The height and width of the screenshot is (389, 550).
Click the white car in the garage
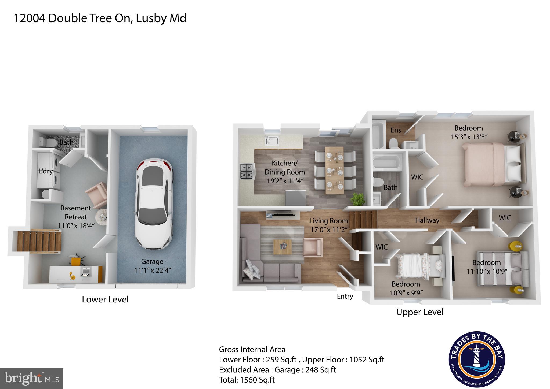[x=154, y=204]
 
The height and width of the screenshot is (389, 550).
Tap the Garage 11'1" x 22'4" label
[x=152, y=265]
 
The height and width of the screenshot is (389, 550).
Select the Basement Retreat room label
[x=76, y=217]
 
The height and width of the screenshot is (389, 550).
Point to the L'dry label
[x=46, y=171]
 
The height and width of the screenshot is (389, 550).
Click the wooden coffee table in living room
[x=282, y=247]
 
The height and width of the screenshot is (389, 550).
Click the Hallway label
[x=427, y=220]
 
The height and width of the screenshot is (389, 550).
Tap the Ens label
[x=396, y=130]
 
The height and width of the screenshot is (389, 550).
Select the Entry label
[x=345, y=296]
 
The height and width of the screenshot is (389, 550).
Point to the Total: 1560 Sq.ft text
[x=247, y=380]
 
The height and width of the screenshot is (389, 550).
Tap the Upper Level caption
[x=420, y=312]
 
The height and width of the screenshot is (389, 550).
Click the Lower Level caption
[x=105, y=299]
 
